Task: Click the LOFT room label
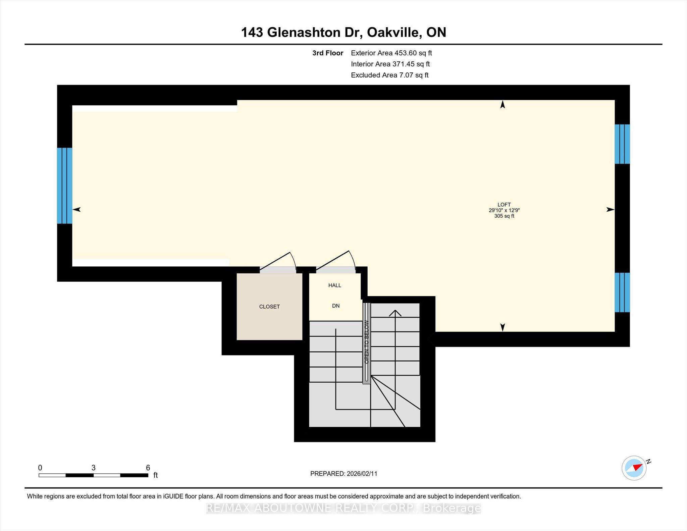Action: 504,205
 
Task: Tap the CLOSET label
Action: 269,307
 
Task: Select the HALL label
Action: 335,285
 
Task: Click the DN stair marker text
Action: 336,306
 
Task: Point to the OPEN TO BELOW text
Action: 367,342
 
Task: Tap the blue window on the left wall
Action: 64,185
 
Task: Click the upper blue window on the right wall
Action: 622,144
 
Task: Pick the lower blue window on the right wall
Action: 622,292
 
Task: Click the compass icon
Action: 634,468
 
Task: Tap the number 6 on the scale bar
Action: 148,468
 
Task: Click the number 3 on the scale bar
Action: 93,468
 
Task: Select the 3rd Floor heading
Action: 328,53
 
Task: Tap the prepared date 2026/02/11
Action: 362,474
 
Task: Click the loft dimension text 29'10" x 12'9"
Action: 504,210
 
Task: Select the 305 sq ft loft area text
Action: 504,216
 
